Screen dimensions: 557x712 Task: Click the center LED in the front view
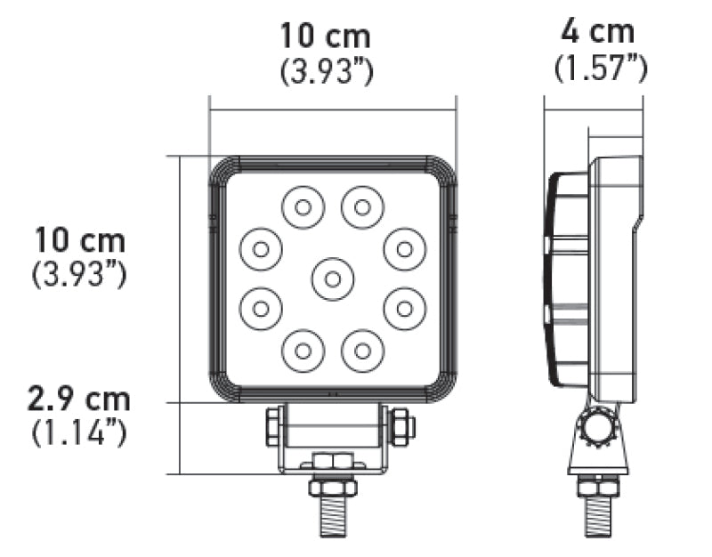coord(332,278)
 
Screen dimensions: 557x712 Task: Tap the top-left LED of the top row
coord(303,207)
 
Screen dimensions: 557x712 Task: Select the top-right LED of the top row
coord(362,207)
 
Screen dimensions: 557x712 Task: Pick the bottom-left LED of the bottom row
coord(303,349)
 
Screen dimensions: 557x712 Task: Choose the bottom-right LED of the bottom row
coord(362,349)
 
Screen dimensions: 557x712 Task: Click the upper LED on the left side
coord(260,249)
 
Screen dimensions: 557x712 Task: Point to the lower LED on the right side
coord(405,308)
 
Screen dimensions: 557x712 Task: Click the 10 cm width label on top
coord(326,36)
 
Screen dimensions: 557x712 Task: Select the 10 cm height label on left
coord(80,239)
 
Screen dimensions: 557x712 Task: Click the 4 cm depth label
coord(597,32)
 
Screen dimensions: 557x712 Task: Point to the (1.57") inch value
coord(600,67)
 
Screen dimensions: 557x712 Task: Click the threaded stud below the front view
coord(333,516)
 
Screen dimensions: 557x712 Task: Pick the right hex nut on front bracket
coord(402,427)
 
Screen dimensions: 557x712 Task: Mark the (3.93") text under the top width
coord(326,71)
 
